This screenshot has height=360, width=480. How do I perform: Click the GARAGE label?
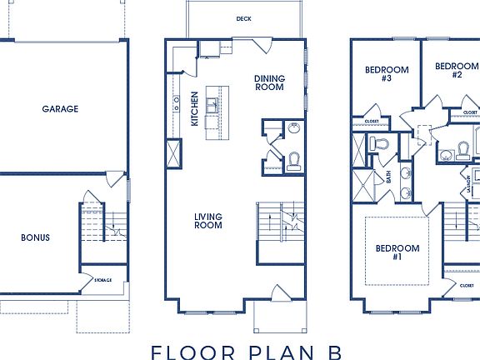(60, 108)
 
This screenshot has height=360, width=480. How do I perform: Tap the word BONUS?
(35, 237)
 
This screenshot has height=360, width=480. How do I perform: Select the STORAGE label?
(102, 280)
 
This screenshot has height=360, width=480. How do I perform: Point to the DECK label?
(243, 18)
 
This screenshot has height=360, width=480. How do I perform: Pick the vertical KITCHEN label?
(194, 108)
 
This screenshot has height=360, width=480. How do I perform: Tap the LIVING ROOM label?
(207, 221)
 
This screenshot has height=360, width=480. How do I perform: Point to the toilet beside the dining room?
(293, 162)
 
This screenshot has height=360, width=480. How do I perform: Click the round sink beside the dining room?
(292, 127)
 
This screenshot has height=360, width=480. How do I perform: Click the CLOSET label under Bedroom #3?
(372, 122)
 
